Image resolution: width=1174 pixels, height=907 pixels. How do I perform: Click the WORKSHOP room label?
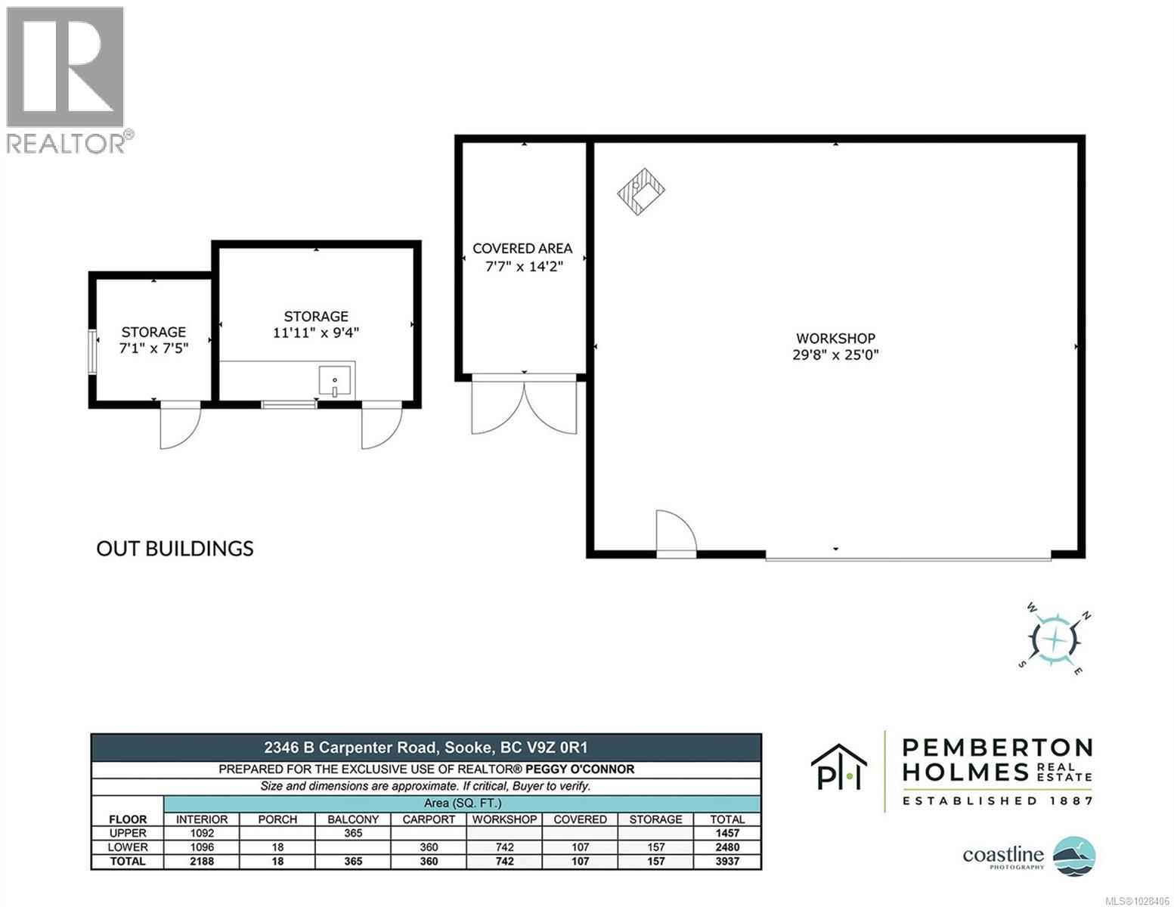point(835,339)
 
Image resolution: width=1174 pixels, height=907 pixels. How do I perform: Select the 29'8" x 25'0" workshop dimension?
point(835,354)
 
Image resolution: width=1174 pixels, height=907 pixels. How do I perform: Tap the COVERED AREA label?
point(522,249)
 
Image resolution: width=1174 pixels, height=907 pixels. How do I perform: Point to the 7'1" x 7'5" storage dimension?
point(153,348)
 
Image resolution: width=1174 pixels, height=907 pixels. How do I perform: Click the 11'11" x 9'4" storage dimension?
point(316,333)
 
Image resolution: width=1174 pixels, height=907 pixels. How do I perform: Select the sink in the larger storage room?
point(334,381)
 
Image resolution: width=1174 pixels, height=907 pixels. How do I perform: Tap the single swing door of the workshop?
point(675,534)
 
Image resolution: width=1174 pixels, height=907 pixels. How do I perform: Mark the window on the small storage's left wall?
point(91,351)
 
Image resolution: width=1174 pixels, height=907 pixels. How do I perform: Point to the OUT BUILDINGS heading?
point(175,548)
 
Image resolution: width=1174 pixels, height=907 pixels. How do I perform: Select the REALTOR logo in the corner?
point(67,79)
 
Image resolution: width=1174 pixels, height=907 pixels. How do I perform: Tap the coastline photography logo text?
point(1002,856)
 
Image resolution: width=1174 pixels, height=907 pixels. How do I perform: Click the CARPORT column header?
point(429,819)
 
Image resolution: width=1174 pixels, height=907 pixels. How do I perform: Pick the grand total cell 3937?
point(727,862)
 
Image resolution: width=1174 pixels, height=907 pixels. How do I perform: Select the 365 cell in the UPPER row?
point(353,833)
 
